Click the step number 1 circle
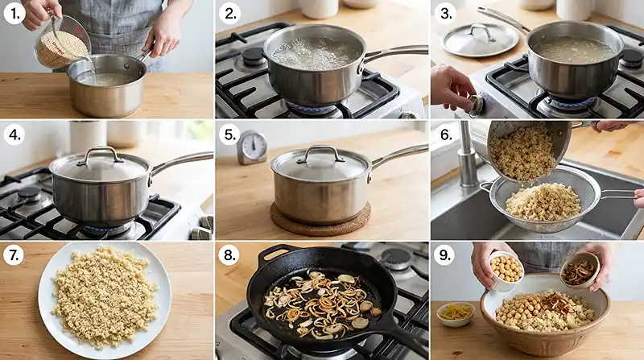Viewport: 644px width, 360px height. coord(14,14)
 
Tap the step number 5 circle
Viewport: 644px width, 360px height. coord(229,134)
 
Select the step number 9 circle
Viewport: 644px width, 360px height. coord(444,255)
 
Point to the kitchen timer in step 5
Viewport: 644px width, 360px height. coord(252,148)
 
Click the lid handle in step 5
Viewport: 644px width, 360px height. coord(321,153)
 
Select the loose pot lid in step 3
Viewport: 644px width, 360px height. coord(481,39)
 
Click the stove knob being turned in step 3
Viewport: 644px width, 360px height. coord(476,106)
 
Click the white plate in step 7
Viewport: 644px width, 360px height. coord(105,300)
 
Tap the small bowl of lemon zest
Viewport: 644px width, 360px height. coord(455,313)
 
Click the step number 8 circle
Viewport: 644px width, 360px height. coord(229,255)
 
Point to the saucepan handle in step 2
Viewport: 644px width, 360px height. coord(394,53)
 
